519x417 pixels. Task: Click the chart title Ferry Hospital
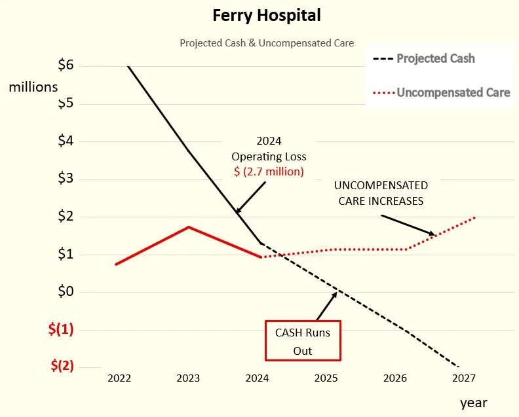click(267, 16)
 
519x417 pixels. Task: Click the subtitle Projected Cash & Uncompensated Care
click(267, 43)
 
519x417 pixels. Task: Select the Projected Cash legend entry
click(435, 58)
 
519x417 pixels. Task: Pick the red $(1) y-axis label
click(61, 329)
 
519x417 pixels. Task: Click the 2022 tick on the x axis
click(119, 378)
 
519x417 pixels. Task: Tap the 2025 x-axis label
click(326, 378)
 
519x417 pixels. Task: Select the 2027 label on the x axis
click(463, 378)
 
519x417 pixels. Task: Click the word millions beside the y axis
click(33, 86)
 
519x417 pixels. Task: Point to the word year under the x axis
click(472, 403)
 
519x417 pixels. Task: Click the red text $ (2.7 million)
click(269, 172)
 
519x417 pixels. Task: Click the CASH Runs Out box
click(303, 341)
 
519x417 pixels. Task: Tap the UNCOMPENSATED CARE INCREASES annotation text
click(381, 193)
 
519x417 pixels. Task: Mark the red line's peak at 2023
click(189, 227)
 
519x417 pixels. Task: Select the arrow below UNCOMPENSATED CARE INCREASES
click(408, 225)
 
